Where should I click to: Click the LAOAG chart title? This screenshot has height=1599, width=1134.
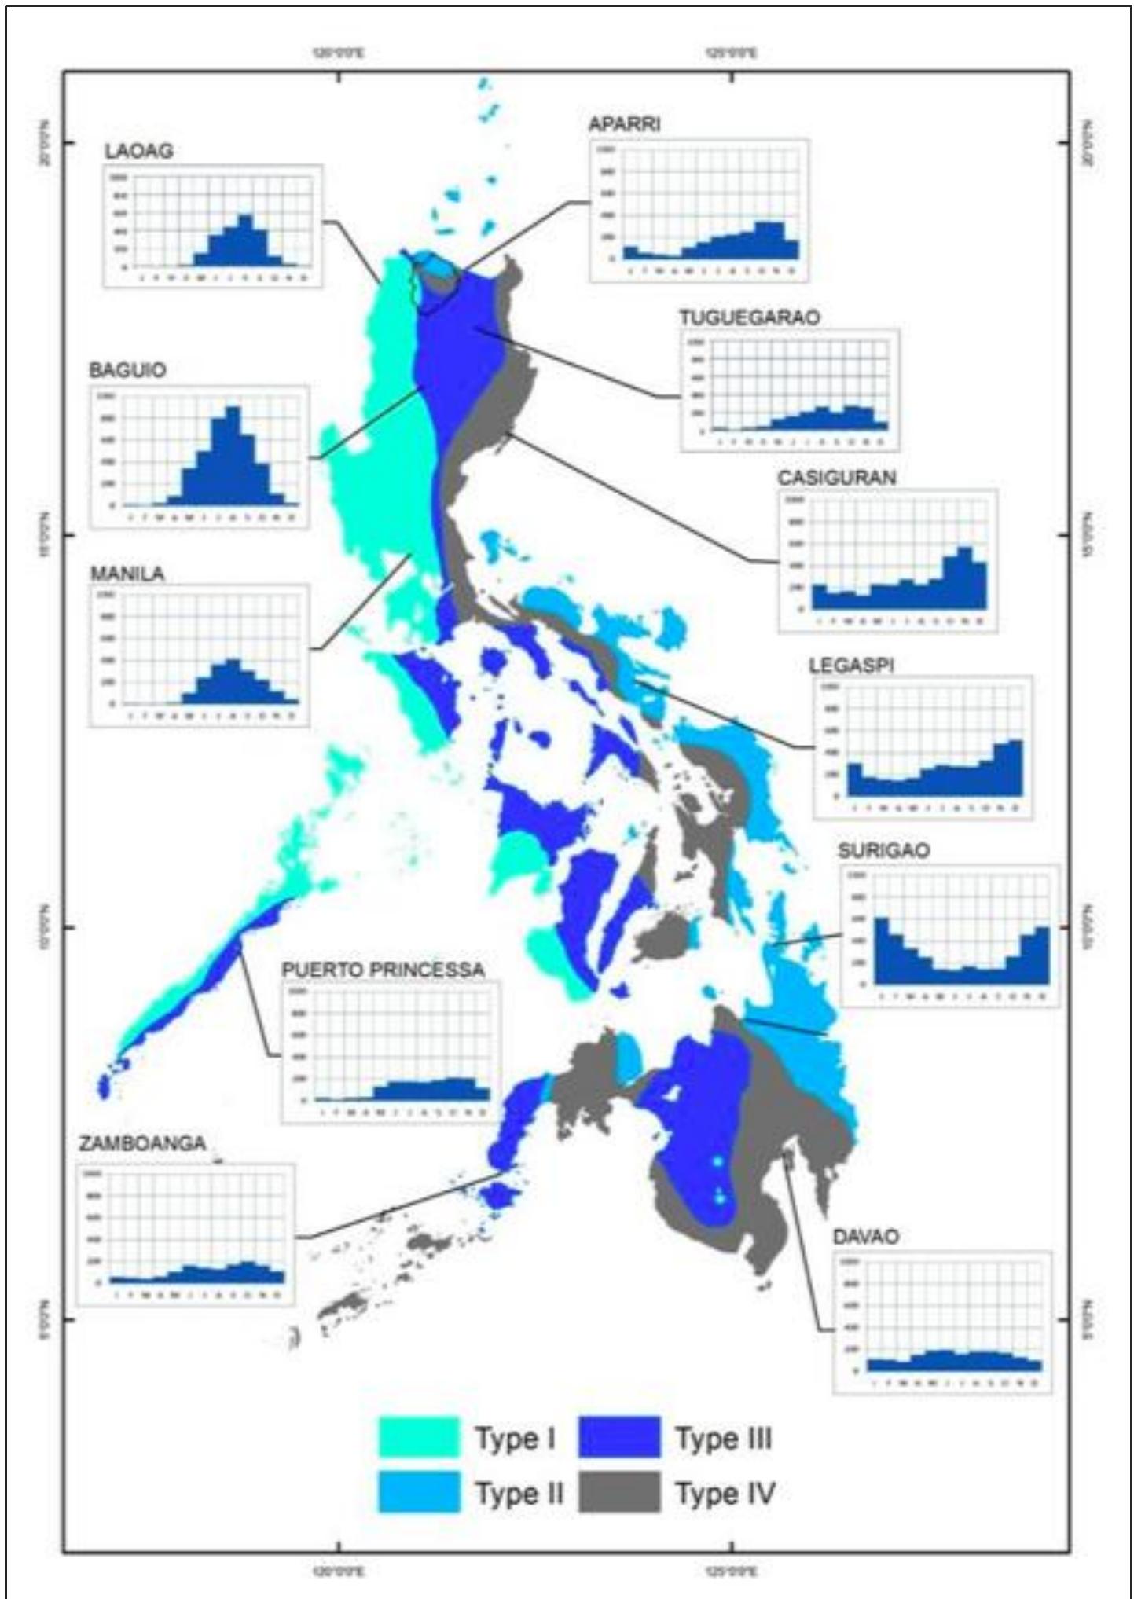(139, 151)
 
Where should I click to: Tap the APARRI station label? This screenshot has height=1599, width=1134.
(625, 124)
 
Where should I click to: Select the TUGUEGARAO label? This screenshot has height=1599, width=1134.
(749, 317)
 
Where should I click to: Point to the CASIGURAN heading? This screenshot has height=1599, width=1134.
(836, 478)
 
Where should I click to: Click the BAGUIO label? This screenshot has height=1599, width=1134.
(127, 370)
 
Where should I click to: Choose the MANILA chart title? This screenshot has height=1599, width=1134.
(127, 574)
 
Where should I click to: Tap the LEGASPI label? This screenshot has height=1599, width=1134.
(851, 666)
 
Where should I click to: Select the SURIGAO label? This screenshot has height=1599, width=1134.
(883, 850)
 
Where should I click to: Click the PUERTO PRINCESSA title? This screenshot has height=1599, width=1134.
(383, 970)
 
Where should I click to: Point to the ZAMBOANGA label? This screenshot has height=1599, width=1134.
(142, 1143)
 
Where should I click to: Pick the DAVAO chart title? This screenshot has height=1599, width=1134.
(865, 1237)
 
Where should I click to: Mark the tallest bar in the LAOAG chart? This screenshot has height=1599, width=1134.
(245, 240)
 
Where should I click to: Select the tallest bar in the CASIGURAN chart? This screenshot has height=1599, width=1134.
(964, 578)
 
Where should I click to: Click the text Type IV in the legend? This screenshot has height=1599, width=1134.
(725, 1494)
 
